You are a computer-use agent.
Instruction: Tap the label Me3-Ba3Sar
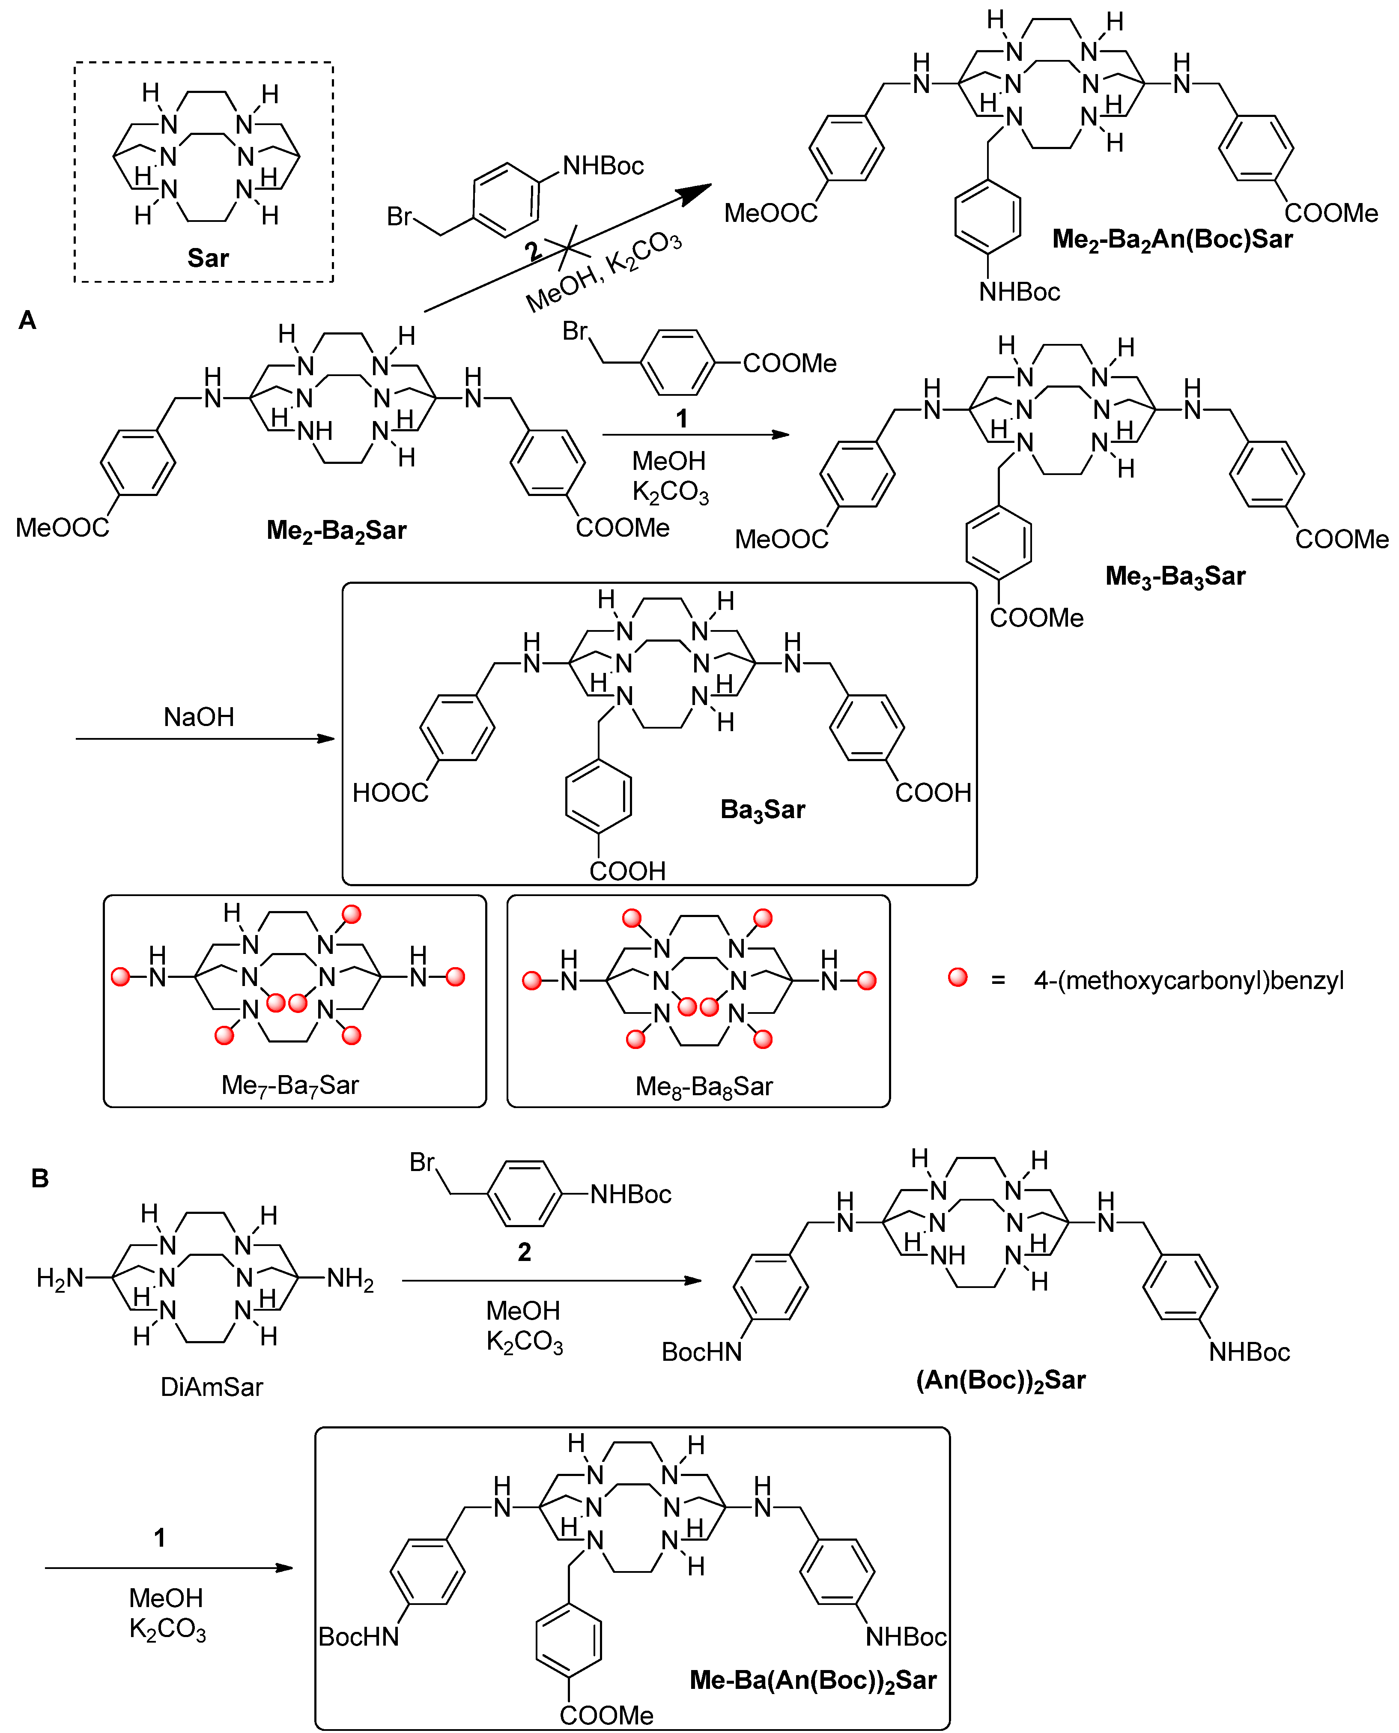1175,577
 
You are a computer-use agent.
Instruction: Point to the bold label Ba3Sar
762,809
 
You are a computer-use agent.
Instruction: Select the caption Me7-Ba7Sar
289,1085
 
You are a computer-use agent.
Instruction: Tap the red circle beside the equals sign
958,977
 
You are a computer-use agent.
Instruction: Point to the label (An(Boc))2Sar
1001,1380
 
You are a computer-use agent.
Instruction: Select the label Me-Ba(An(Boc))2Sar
813,1680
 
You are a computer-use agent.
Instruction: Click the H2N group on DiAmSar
60,1278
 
